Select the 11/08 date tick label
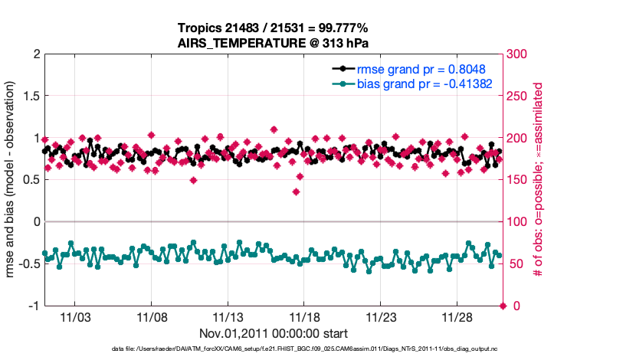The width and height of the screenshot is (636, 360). [152, 316]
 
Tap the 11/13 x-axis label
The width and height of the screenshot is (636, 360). [228, 316]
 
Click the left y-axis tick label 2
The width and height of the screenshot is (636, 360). [34, 54]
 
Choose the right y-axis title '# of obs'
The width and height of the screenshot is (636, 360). [539, 180]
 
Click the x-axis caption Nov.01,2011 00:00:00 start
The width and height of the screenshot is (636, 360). [274, 333]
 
